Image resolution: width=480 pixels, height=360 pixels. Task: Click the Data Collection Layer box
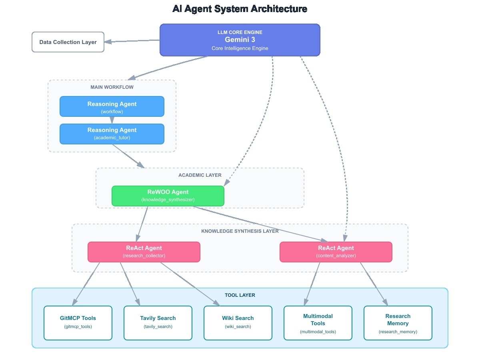pyautogui.click(x=68, y=42)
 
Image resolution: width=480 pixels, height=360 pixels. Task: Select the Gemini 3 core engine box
pyautogui.click(x=240, y=40)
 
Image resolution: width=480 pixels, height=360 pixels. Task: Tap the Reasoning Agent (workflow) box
pyautogui.click(x=112, y=106)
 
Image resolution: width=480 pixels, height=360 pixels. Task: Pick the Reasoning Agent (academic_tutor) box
pyautogui.click(x=112, y=134)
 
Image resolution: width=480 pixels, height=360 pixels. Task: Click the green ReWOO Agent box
pyautogui.click(x=168, y=196)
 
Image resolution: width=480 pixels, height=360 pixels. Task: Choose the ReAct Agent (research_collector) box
pyautogui.click(x=144, y=252)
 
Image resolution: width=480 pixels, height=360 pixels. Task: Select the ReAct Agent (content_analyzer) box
pyautogui.click(x=336, y=252)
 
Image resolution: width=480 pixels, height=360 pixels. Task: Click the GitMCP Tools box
pyautogui.click(x=78, y=323)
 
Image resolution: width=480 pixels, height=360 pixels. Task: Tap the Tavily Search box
pyautogui.click(x=158, y=323)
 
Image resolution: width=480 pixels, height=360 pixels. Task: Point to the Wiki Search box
pyautogui.click(x=238, y=323)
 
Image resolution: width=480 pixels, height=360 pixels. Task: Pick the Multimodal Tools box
pyautogui.click(x=318, y=323)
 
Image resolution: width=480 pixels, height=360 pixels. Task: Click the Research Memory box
pyautogui.click(x=398, y=323)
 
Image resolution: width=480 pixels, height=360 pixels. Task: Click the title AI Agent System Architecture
pyautogui.click(x=240, y=9)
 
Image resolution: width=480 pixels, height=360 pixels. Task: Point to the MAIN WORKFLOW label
pyautogui.click(x=112, y=87)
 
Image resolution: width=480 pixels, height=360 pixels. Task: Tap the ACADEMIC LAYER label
pyautogui.click(x=200, y=175)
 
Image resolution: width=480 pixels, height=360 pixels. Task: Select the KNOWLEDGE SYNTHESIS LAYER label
pyautogui.click(x=240, y=231)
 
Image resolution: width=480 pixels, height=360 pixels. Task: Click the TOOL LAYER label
pyautogui.click(x=240, y=295)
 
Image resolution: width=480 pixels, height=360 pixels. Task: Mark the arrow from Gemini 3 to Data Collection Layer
pyautogui.click(x=132, y=41)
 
